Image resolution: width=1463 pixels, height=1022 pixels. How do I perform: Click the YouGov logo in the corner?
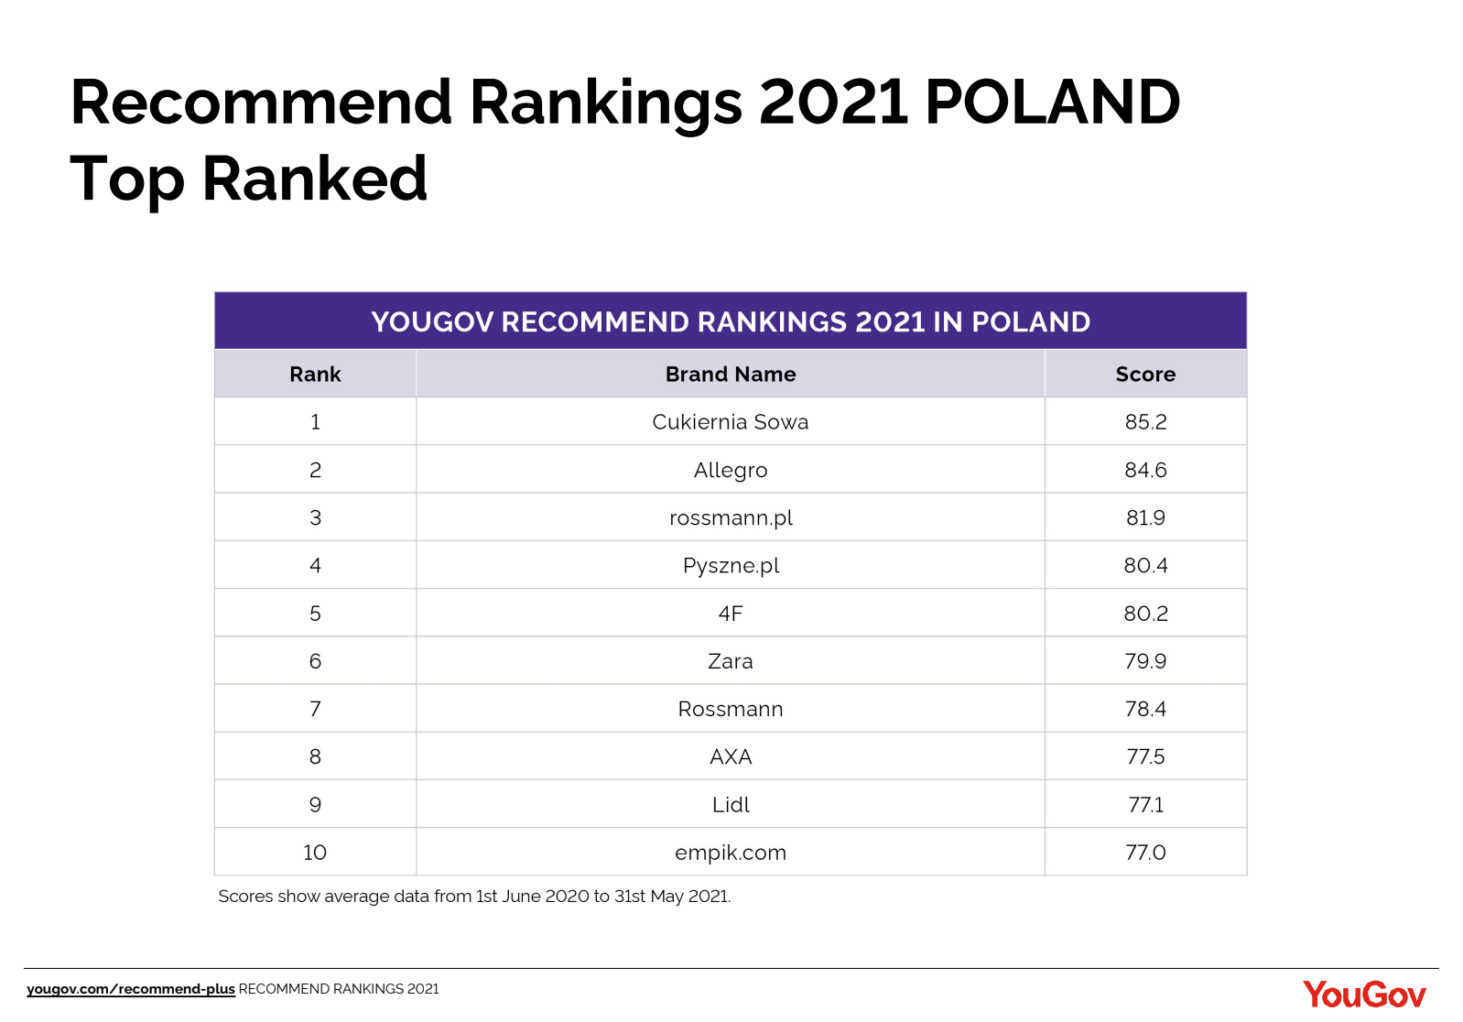click(x=1364, y=995)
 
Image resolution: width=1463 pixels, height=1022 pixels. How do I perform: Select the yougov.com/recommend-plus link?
click(x=131, y=989)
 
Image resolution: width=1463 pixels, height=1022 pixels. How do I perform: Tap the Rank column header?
click(x=315, y=374)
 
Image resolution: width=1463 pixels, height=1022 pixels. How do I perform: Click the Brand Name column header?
click(x=731, y=374)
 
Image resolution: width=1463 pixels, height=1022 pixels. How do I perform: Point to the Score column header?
click(x=1145, y=374)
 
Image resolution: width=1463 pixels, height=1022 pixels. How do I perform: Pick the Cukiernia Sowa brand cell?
click(x=731, y=422)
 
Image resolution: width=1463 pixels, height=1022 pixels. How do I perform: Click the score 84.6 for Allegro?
click(x=1145, y=470)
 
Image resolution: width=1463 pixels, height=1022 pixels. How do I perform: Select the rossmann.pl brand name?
click(x=731, y=517)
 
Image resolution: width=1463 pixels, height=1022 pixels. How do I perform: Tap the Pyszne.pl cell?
click(x=731, y=565)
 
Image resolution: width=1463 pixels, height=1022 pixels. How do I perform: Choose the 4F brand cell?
click(x=731, y=614)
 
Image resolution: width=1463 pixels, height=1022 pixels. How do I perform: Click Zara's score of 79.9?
click(x=1145, y=661)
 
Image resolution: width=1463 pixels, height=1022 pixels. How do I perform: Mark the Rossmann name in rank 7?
click(x=731, y=709)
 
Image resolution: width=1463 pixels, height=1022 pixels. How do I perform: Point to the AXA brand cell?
click(x=731, y=756)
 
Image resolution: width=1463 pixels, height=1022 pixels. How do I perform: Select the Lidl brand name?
click(x=731, y=805)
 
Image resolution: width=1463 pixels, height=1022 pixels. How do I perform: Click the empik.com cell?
click(x=731, y=853)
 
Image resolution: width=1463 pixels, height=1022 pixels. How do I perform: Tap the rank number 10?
click(x=315, y=853)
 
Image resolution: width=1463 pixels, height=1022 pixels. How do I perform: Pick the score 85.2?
click(x=1145, y=422)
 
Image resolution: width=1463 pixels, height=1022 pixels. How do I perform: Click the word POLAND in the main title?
click(x=1052, y=102)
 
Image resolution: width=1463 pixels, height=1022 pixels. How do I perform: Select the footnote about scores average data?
click(x=474, y=897)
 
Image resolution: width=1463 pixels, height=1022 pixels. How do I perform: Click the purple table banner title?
click(x=731, y=321)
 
